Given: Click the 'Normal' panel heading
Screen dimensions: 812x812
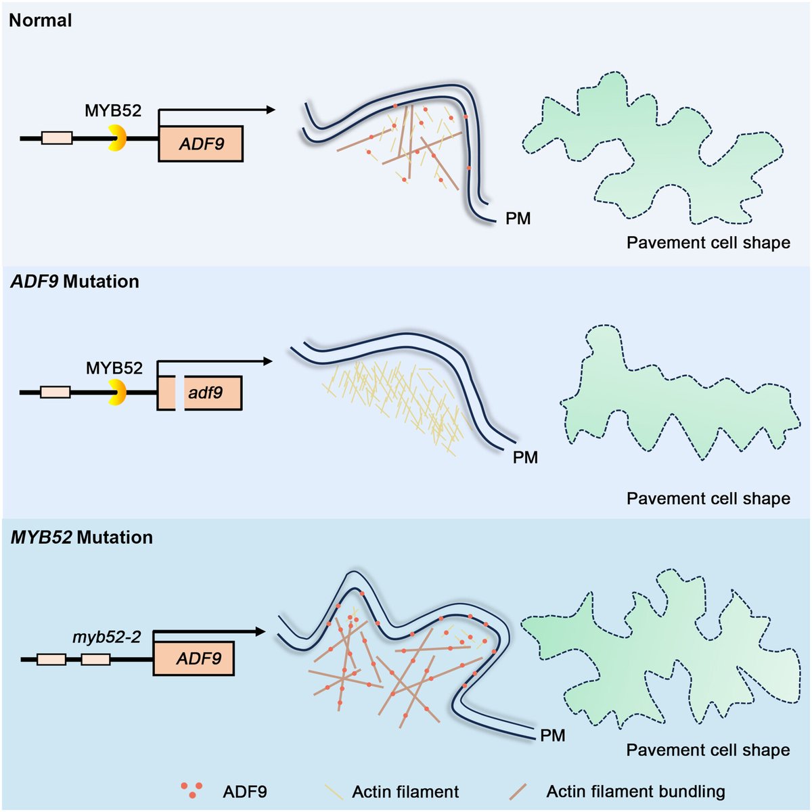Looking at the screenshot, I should (x=41, y=20).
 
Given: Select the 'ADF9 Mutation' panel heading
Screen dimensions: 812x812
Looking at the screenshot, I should (x=74, y=281).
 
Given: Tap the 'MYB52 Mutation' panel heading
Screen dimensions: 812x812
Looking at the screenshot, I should (x=82, y=537).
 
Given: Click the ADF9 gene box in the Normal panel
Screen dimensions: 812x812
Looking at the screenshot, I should (x=201, y=143).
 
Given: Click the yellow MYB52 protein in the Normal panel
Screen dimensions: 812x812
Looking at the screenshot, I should (x=118, y=137).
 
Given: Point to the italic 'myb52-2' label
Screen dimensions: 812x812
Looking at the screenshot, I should (x=107, y=637).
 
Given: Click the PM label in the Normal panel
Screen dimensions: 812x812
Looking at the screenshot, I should (x=518, y=219).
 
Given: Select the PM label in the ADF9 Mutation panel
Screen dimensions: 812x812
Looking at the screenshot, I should (x=525, y=457).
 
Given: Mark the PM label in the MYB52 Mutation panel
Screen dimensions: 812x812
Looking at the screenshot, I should (x=553, y=736).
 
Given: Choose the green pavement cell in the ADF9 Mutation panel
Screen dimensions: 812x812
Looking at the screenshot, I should (x=670, y=399).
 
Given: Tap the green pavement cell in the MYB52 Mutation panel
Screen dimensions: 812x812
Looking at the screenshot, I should (x=663, y=650).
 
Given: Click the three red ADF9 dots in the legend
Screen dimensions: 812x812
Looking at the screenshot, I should (x=191, y=790).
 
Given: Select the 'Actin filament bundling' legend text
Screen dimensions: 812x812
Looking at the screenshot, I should (x=635, y=792).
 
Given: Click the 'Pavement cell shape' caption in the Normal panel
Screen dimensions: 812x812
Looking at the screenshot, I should (x=708, y=243).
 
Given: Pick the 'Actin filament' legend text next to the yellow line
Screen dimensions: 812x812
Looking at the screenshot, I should (x=405, y=792).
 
